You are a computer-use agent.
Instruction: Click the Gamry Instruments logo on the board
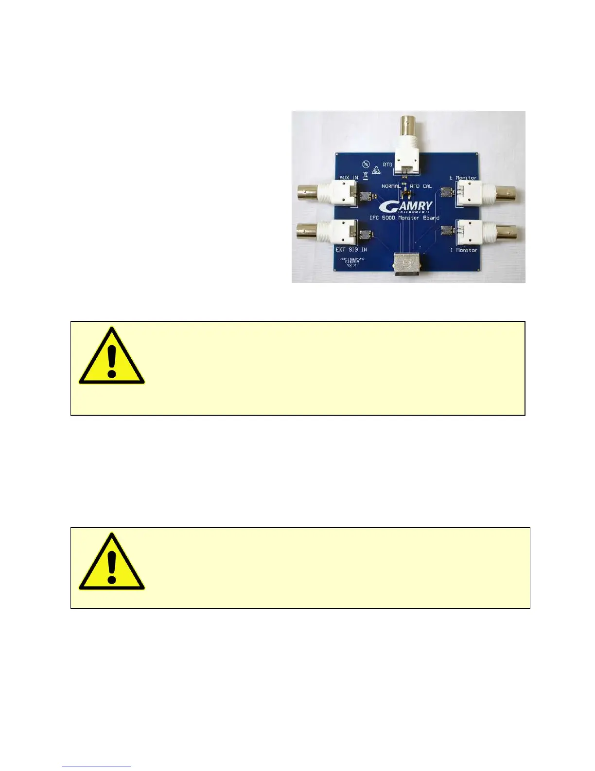click(x=405, y=206)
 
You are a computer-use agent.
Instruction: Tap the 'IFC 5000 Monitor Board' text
click(x=404, y=218)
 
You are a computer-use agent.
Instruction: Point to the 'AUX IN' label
click(x=349, y=178)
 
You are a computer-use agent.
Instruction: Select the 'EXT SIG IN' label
click(x=351, y=250)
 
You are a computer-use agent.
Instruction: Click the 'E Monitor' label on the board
click(x=463, y=178)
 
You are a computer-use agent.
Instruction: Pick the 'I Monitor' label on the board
click(x=463, y=250)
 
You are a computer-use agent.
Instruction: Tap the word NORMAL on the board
click(x=391, y=186)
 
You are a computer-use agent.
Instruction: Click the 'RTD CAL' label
click(x=421, y=186)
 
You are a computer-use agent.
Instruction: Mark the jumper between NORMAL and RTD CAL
click(x=405, y=192)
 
